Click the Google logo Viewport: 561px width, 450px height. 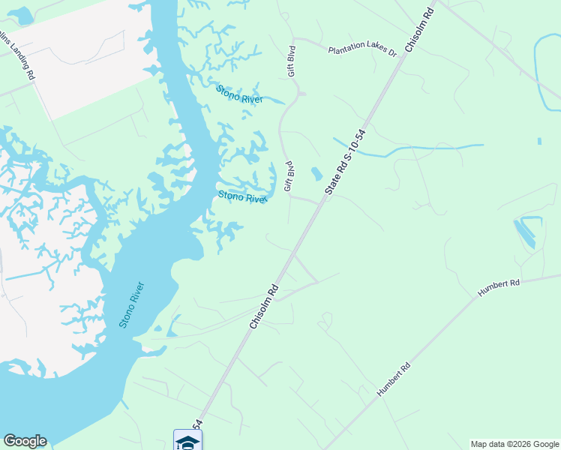pyautogui.click(x=25, y=441)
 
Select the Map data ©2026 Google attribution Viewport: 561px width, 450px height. pyautogui.click(x=514, y=444)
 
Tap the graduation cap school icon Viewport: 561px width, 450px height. pyautogui.click(x=187, y=440)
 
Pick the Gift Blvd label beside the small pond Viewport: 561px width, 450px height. pyautogui.click(x=287, y=175)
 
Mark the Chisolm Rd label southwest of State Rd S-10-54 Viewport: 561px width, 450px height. pyautogui.click(x=264, y=306)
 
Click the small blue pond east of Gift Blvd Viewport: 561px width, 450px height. pyautogui.click(x=316, y=174)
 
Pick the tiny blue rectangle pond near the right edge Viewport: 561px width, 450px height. pyautogui.click(x=539, y=140)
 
